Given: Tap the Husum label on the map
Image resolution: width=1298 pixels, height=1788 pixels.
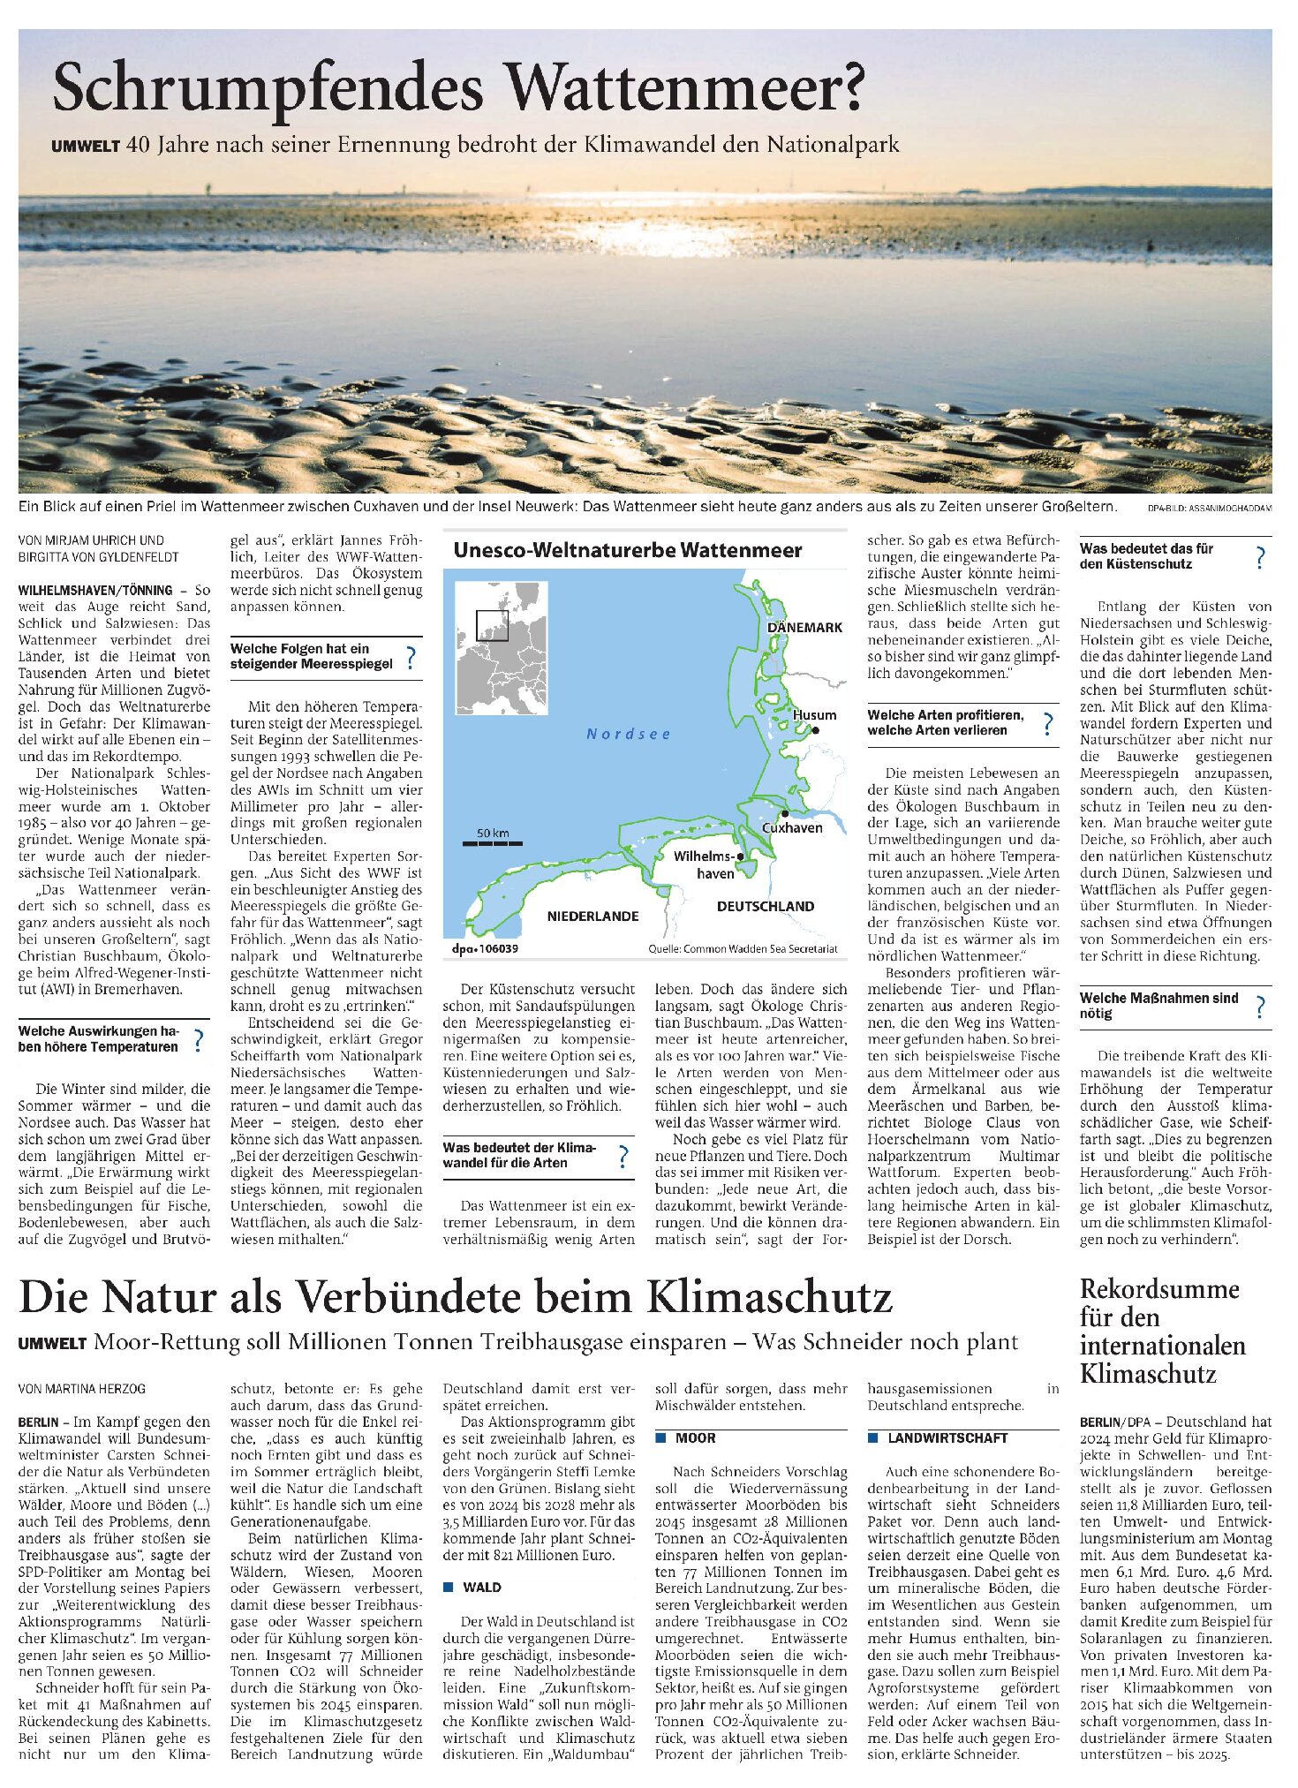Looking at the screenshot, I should [x=813, y=714].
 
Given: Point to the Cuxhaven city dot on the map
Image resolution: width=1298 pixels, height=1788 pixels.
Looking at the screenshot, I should [x=784, y=813].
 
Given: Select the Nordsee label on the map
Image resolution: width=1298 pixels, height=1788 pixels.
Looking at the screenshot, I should [x=629, y=734].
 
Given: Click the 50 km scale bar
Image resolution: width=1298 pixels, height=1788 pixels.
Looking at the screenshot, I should [x=493, y=843].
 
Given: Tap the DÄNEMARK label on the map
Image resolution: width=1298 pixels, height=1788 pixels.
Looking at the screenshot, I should [x=804, y=627].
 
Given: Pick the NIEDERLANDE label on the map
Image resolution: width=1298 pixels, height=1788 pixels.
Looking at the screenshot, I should [x=592, y=916].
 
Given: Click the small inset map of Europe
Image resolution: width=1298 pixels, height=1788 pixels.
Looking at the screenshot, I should [x=502, y=648].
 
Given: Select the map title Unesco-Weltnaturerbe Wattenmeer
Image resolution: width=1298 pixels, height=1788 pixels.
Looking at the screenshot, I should [x=627, y=550].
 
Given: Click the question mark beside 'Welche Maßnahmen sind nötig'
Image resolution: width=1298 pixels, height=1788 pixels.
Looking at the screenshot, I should [x=1260, y=1007].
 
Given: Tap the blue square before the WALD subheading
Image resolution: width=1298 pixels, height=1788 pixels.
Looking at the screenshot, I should [x=449, y=1587].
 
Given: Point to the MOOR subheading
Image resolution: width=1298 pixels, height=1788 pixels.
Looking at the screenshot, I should [x=695, y=1438].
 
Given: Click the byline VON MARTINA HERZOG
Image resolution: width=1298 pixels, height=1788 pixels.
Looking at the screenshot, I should [x=81, y=1389].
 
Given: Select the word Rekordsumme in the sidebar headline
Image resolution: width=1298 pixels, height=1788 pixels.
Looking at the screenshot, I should [x=1158, y=1289].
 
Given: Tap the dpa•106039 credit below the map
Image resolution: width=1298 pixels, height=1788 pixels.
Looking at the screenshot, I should [x=485, y=948].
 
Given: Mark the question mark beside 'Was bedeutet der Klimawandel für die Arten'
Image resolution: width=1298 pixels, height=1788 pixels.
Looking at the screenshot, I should [x=623, y=1156].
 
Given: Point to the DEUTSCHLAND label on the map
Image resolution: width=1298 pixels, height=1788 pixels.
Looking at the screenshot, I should [x=765, y=906].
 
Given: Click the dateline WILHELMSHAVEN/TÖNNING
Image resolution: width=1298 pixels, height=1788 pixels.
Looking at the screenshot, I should [x=95, y=590].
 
